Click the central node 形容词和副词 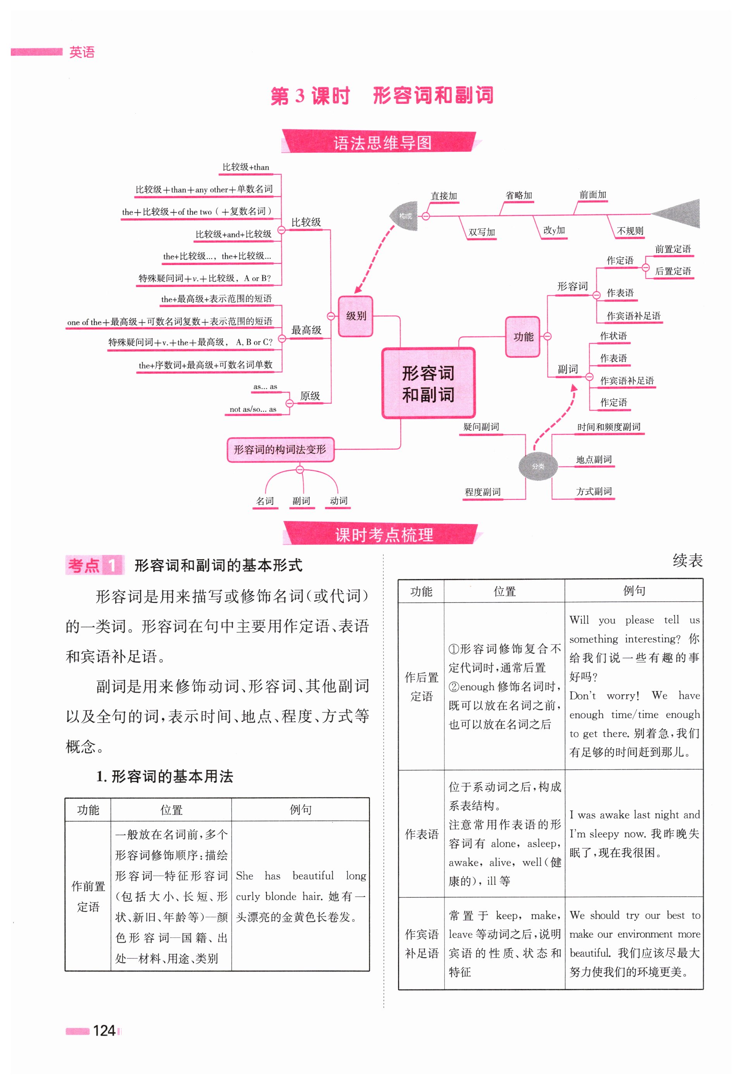click(x=428, y=383)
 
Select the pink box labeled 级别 click(x=355, y=316)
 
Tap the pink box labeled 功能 click(x=523, y=337)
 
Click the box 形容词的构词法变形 click(x=280, y=449)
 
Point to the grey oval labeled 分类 click(x=538, y=466)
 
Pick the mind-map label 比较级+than click(x=246, y=167)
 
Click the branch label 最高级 click(x=306, y=330)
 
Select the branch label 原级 click(x=310, y=396)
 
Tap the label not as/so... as click(x=253, y=409)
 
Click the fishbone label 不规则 click(x=630, y=231)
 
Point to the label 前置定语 click(x=672, y=249)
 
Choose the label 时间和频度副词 click(x=608, y=427)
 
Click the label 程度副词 click(x=482, y=492)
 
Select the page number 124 click(x=104, y=1030)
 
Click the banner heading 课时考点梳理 click(x=384, y=535)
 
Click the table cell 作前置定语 click(x=88, y=896)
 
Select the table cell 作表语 click(x=421, y=834)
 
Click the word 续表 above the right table click(x=687, y=560)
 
